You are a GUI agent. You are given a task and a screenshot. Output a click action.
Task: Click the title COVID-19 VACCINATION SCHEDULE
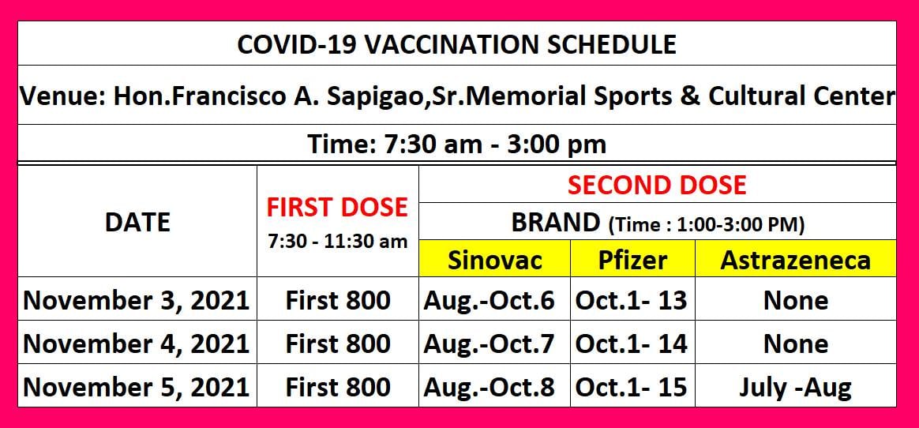click(456, 44)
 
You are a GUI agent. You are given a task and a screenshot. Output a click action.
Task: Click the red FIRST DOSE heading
click(337, 208)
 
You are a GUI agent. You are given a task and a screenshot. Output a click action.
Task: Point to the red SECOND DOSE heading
click(657, 186)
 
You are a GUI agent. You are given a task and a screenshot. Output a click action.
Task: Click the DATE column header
click(137, 223)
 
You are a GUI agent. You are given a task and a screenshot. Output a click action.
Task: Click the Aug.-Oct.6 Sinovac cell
click(489, 301)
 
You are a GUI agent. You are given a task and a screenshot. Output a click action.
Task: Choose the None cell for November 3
click(796, 301)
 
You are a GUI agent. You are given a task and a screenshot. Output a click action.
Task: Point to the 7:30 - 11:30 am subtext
click(338, 242)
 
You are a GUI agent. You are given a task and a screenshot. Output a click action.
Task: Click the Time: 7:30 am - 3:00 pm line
click(456, 145)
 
